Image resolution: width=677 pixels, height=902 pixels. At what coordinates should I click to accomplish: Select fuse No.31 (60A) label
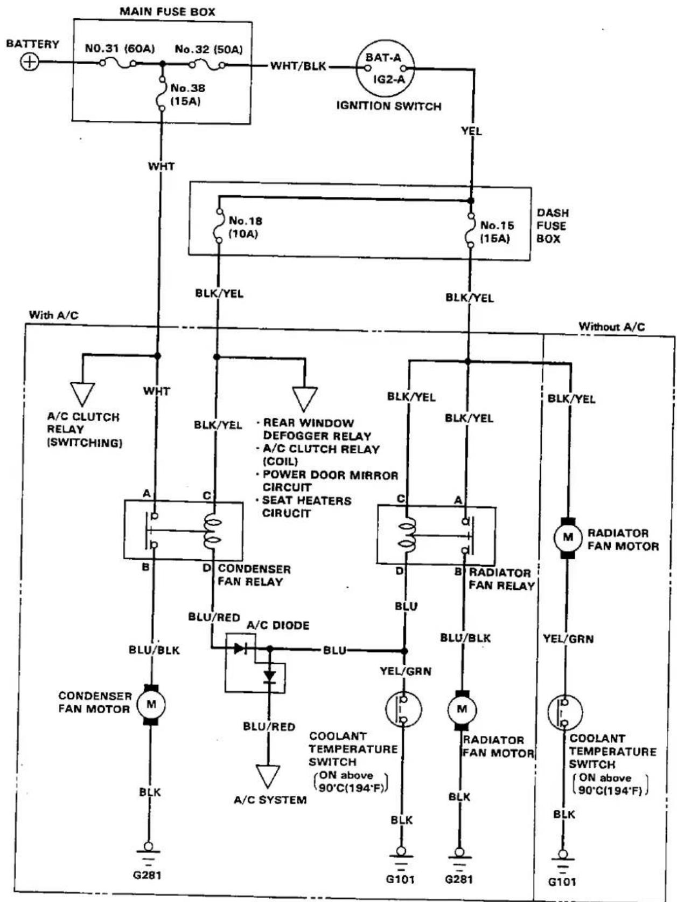pos(120,49)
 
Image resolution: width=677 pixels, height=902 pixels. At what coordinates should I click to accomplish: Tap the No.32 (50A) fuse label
pos(208,49)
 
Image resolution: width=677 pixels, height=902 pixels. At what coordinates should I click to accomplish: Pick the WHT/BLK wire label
pos(298,66)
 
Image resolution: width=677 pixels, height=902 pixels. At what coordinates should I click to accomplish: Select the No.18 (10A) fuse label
pos(246,227)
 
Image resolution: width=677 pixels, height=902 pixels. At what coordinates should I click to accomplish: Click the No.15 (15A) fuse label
pos(497,231)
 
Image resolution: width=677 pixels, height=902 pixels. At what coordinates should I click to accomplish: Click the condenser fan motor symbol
pos(151,704)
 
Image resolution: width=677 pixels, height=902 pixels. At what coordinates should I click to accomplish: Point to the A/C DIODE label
pos(278,625)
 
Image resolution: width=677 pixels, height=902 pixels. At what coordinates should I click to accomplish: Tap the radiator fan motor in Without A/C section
pos(568,537)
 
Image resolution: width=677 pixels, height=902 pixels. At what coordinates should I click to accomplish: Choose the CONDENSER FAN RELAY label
pos(254,575)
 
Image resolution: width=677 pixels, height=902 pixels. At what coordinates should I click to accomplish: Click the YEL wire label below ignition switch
pos(471,132)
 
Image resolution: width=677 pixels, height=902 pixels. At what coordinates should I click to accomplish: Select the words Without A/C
pos(611,327)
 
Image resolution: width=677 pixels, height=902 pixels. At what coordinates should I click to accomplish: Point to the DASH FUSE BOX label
pos(553,225)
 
